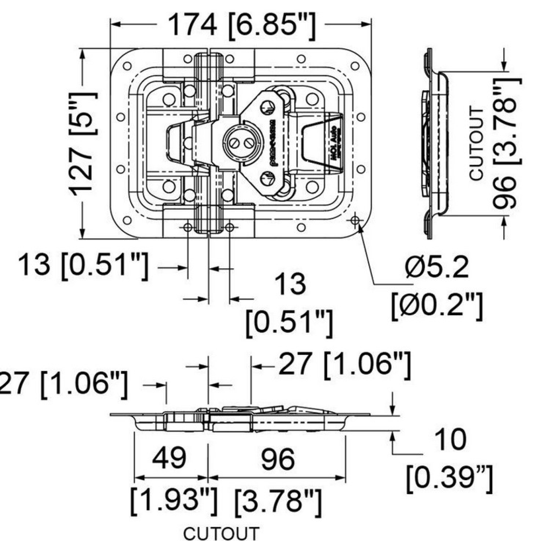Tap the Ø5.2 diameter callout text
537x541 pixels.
coord(437,268)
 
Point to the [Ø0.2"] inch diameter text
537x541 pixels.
coord(437,307)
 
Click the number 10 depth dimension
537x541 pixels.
coord(449,440)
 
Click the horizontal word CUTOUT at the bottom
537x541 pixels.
coord(222,533)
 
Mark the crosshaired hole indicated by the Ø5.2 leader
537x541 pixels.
coord(355,220)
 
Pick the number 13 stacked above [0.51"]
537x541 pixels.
coord(290,284)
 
